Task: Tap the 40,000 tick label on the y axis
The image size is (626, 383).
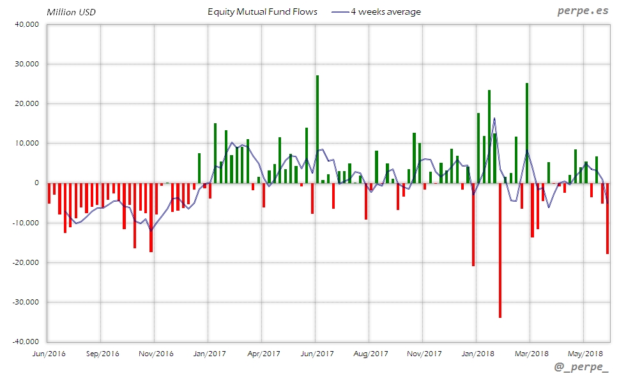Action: (27, 25)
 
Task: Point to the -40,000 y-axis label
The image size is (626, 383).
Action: (26, 342)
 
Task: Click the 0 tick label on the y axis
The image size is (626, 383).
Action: (36, 183)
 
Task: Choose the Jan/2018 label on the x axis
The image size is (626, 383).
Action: (477, 353)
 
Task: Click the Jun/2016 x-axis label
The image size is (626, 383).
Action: (49, 353)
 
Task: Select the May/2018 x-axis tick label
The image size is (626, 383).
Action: (586, 353)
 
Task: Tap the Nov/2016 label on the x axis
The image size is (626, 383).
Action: (156, 353)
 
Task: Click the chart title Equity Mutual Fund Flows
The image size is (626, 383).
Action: (263, 11)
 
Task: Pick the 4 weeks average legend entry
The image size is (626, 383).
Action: (377, 11)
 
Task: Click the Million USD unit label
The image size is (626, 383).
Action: (71, 12)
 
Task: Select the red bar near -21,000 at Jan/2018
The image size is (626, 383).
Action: (473, 224)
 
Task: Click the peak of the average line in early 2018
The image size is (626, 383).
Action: (494, 118)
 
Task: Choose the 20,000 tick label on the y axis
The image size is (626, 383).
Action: (27, 104)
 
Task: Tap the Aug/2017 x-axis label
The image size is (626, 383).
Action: (370, 353)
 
